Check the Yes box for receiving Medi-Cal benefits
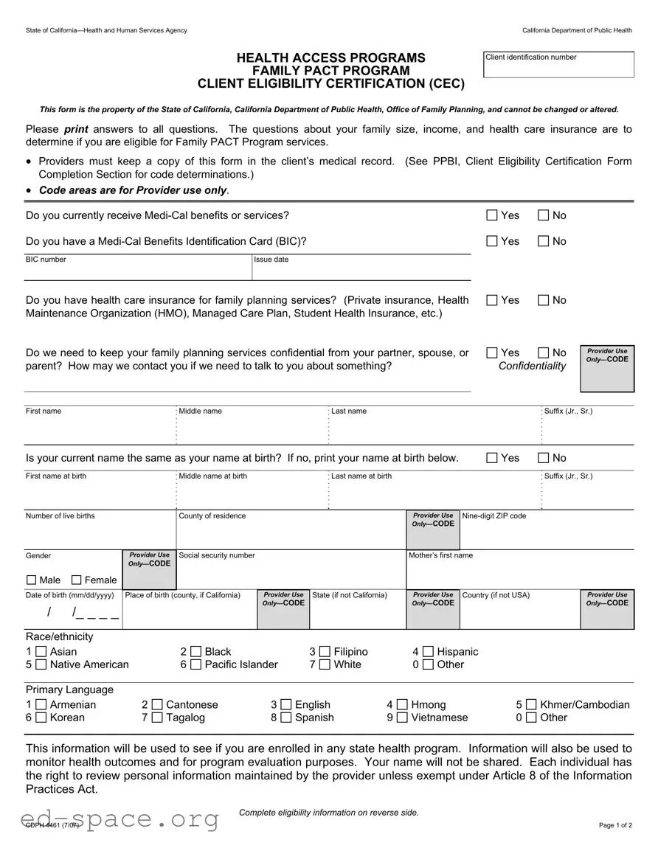[492, 215]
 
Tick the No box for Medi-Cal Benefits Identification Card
[544, 241]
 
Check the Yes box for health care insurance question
[492, 300]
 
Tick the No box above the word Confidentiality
[544, 352]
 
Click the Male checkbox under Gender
[31, 580]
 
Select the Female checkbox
[77, 580]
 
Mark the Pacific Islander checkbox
[195, 664]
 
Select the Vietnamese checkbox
[402, 718]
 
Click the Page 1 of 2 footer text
[615, 825]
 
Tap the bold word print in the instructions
[75, 129]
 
